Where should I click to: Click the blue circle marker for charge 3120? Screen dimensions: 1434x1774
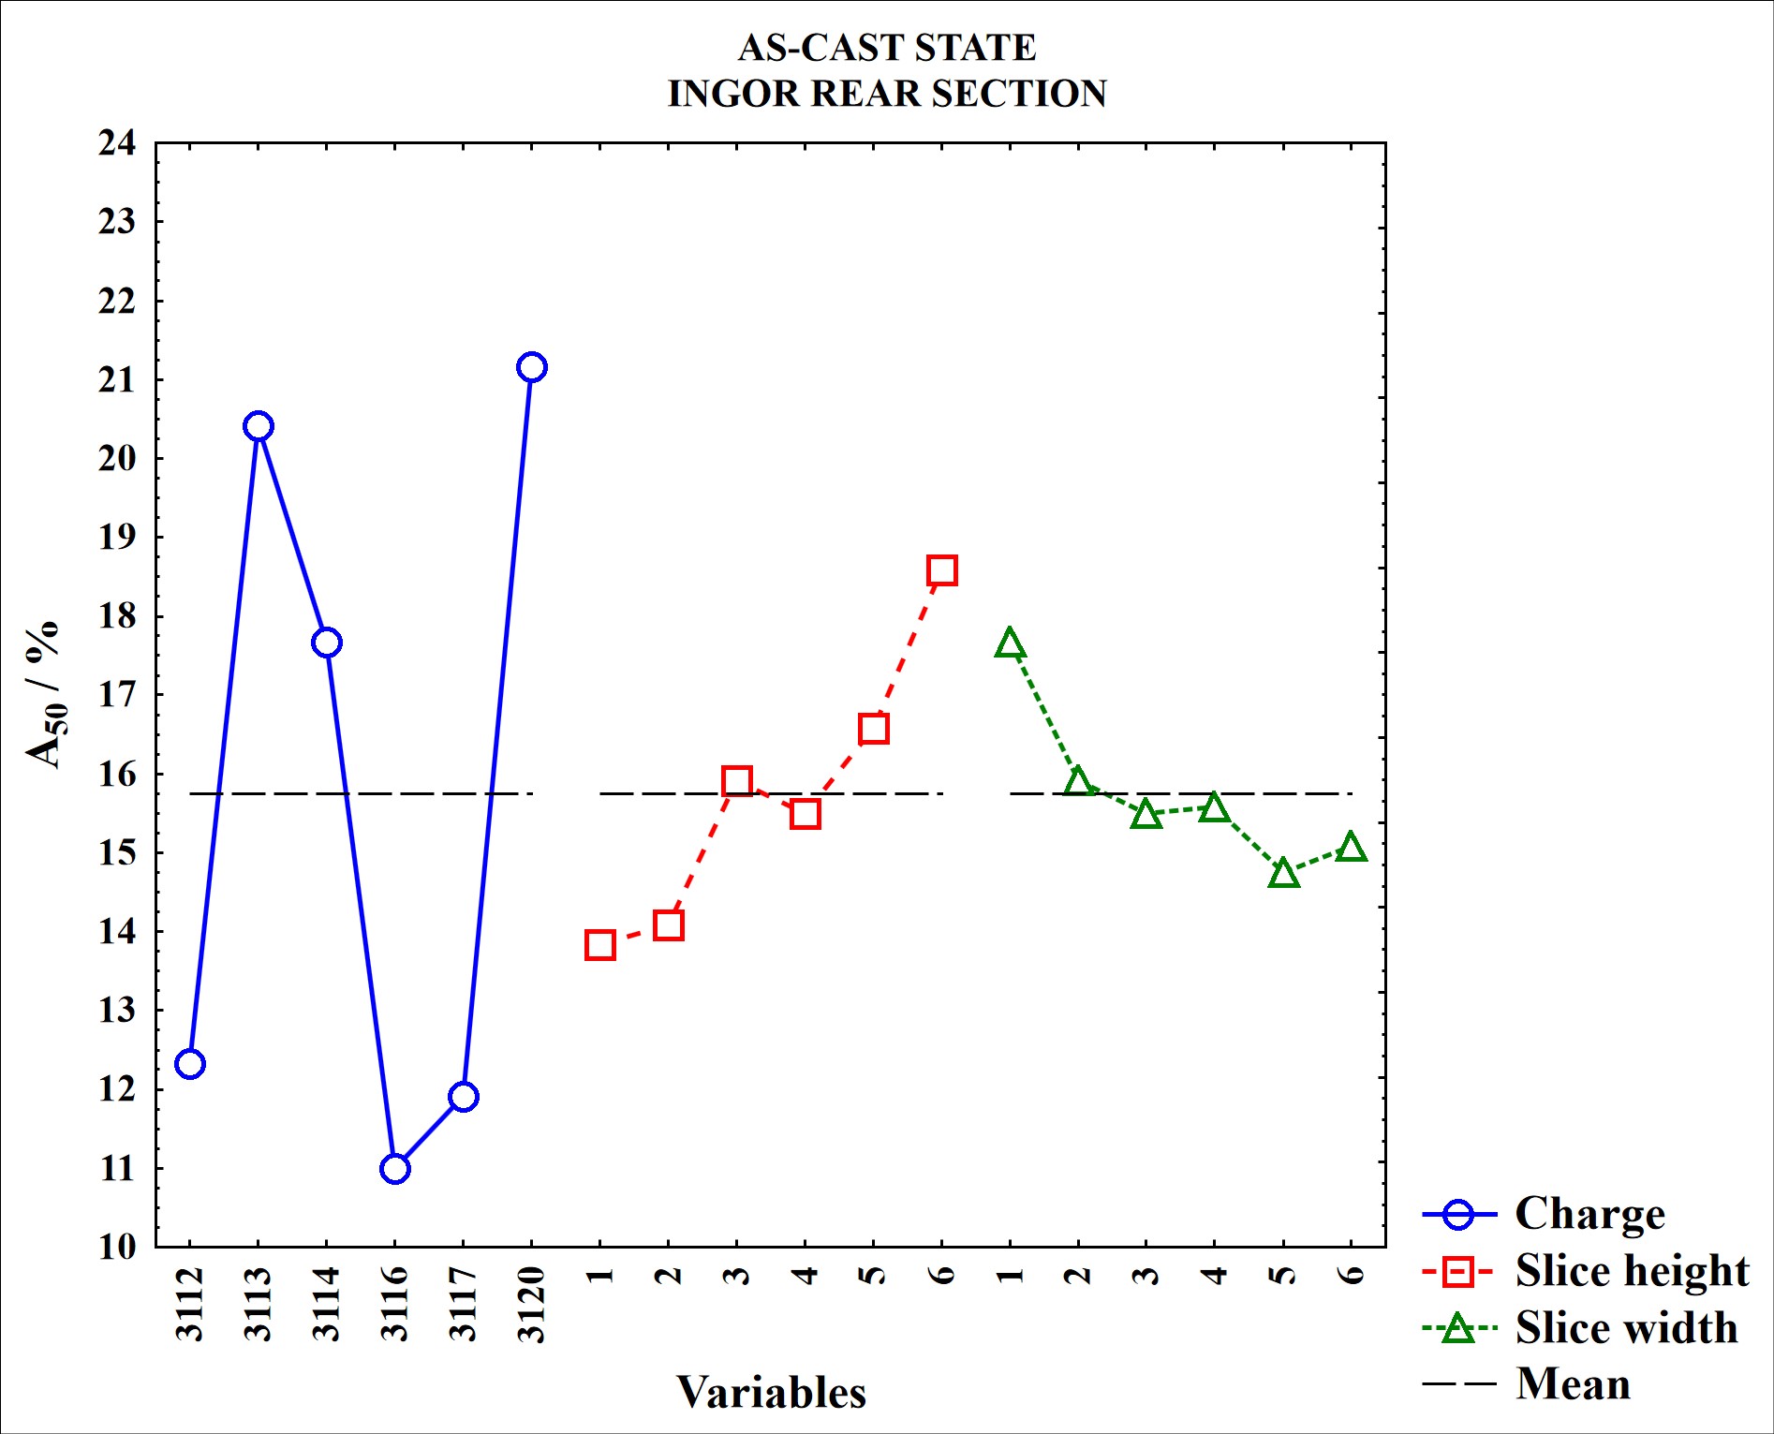point(531,367)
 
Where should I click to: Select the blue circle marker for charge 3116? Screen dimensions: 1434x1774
point(395,1168)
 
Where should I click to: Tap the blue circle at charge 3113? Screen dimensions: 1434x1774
point(259,426)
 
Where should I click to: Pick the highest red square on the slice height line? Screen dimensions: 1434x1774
point(941,570)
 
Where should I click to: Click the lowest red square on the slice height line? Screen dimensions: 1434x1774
point(600,945)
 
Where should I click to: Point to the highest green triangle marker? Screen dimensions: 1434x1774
point(1010,644)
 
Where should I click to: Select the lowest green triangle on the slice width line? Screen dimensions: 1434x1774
point(1283,874)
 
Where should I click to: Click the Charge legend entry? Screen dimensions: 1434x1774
point(1589,1214)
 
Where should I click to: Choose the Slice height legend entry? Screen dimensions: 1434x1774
point(1631,1271)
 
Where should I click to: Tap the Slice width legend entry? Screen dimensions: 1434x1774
point(1625,1328)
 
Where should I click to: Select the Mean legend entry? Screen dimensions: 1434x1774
point(1573,1384)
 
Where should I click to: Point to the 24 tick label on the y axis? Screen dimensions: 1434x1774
point(117,143)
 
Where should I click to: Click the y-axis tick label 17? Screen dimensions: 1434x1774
point(117,695)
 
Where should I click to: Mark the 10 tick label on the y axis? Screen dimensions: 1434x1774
point(117,1247)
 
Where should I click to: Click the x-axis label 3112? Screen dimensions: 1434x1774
point(190,1303)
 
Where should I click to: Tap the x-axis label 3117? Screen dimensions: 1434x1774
point(464,1303)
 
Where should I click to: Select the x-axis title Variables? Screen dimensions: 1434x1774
point(771,1393)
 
